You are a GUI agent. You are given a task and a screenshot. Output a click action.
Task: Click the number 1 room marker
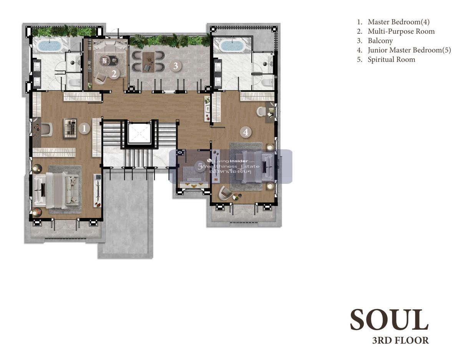point(84,129)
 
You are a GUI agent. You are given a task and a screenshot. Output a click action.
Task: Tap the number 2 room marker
point(114,74)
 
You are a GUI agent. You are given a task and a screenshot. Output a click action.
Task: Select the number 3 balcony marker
point(176,66)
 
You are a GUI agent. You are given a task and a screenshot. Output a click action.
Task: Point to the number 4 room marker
point(245,132)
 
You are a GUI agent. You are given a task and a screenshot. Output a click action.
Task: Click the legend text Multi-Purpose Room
point(401,31)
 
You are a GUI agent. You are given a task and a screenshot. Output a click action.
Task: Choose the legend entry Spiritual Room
point(391,59)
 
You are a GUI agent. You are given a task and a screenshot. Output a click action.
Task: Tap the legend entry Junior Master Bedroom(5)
point(409,50)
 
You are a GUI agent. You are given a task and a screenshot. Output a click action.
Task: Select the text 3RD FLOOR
point(400,340)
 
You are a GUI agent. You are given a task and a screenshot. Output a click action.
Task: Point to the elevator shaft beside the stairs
point(139,134)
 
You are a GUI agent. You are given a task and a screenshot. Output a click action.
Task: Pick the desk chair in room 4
point(261,111)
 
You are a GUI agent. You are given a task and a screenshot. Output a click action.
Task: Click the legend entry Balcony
point(380,41)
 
